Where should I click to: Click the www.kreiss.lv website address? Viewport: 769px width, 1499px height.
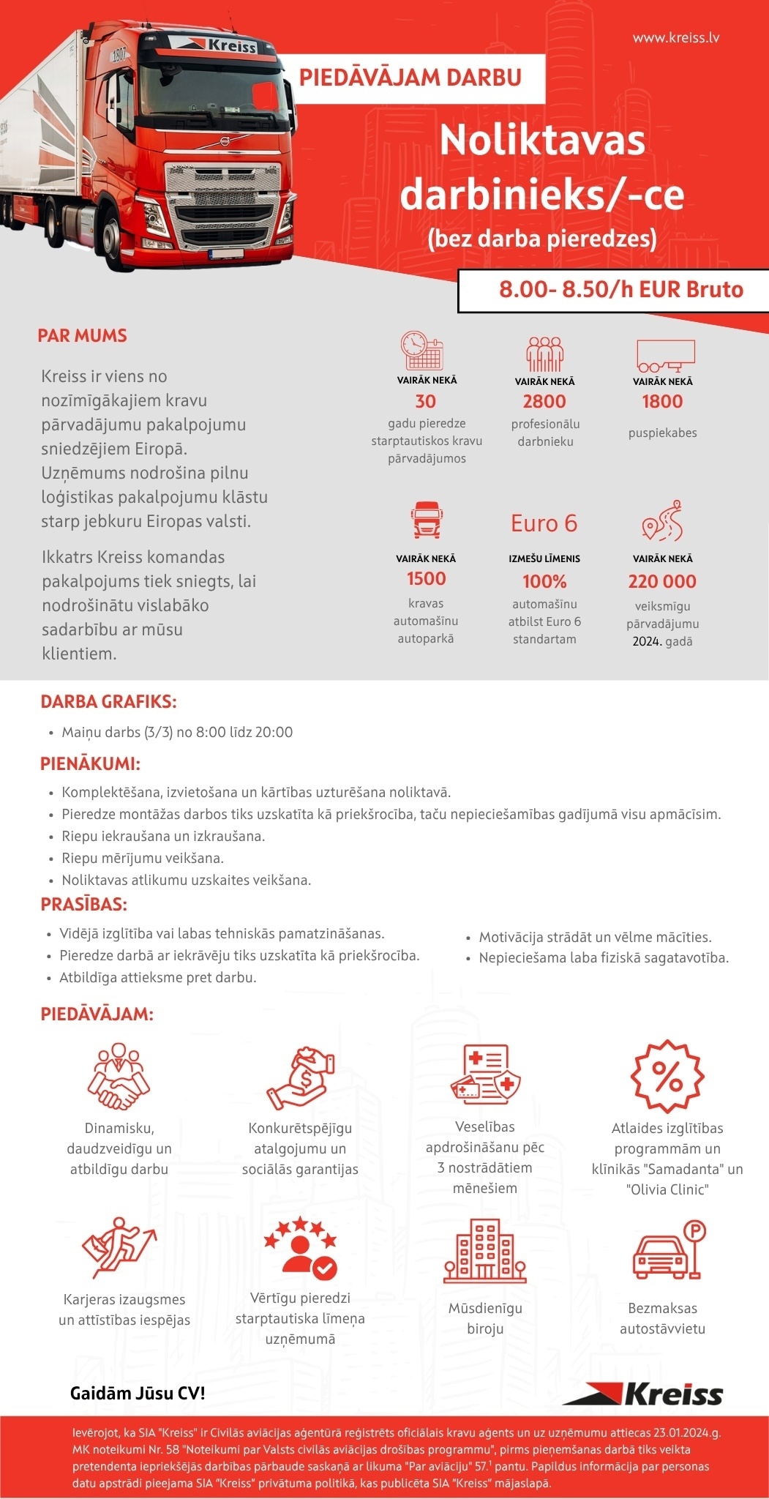point(675,37)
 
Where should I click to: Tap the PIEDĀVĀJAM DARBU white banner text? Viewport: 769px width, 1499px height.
point(410,78)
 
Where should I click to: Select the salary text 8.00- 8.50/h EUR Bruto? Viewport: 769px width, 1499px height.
point(620,290)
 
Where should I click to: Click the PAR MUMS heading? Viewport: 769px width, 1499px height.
point(82,336)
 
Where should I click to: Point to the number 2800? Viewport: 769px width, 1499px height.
point(544,401)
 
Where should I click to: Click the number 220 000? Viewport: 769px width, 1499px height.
point(662,581)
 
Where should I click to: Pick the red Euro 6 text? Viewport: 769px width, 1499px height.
point(544,523)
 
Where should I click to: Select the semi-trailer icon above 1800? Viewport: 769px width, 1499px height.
point(665,355)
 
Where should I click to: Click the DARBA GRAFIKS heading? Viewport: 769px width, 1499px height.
point(108,702)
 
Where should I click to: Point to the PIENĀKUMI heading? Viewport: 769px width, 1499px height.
point(90,764)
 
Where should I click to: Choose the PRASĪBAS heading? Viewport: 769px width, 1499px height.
point(84,905)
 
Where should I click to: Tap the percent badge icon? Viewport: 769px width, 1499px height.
point(667,1076)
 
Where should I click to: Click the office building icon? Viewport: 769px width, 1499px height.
point(484,1251)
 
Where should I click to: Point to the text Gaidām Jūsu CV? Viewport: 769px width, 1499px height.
point(138,1393)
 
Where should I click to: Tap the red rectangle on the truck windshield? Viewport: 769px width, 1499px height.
point(265,98)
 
